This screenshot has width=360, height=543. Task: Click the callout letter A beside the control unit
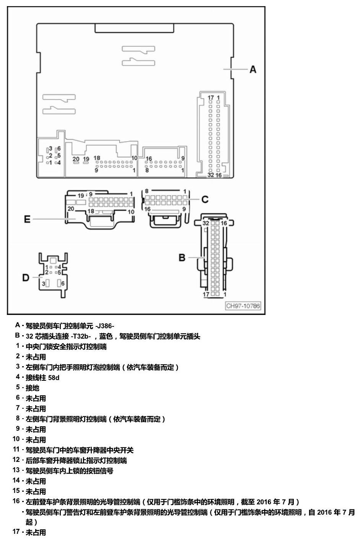pos(252,70)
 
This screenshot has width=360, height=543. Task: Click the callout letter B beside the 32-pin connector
pos(182,258)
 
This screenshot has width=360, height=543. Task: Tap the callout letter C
pos(205,199)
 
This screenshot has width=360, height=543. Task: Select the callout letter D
pos(26,277)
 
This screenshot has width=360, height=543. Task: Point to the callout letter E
pos(27,219)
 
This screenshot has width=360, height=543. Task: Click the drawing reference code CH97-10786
pos(243,306)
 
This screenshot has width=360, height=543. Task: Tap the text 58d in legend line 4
pos(54,378)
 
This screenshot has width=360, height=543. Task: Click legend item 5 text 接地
pos(33,388)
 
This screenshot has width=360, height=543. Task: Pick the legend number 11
pos(16,449)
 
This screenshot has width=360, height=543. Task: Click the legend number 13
pos(16,470)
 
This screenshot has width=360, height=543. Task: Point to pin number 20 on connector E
pos(71,209)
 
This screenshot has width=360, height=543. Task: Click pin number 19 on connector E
pos(81,196)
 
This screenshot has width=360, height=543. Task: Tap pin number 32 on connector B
pos(205,223)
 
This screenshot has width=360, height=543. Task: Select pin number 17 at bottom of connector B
pos(206,294)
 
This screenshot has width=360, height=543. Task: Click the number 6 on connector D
pos(63,284)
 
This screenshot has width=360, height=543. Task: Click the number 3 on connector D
pos(44,284)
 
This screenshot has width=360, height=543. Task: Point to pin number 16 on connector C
pos(147,209)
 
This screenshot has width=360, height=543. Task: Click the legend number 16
pos(16,501)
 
